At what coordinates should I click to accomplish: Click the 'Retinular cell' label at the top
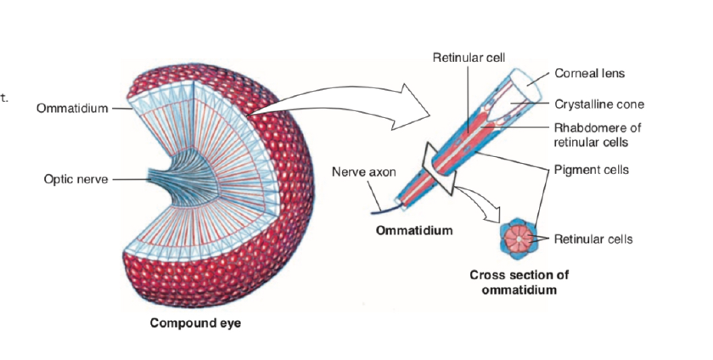469,58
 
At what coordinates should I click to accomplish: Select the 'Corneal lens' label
590,74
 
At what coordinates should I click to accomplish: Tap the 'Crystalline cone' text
599,104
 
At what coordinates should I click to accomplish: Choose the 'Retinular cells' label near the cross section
593,239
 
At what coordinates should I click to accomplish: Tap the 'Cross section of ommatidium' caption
519,282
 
